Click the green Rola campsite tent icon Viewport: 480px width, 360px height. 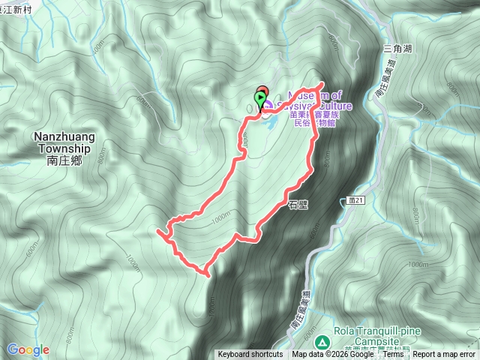tap(322, 342)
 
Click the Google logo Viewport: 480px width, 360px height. tap(28, 349)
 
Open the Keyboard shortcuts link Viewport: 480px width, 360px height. tap(250, 355)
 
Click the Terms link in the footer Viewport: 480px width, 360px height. tap(393, 355)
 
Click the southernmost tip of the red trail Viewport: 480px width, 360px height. tap(205, 275)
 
